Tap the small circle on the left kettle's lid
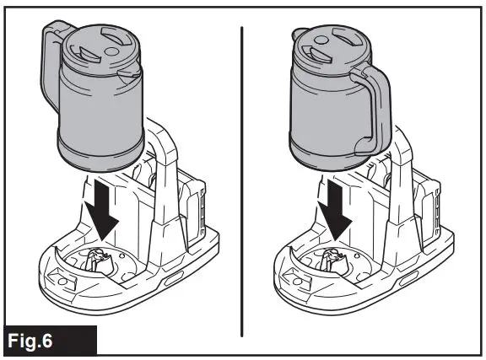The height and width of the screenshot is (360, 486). (x=111, y=51)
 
